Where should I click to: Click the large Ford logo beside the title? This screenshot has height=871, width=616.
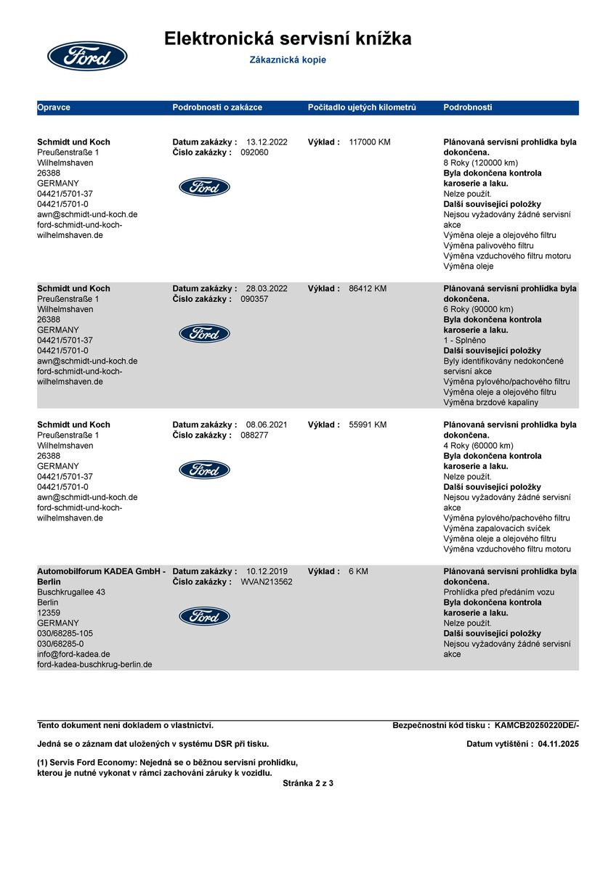[87, 56]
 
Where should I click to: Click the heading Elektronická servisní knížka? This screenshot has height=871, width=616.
[288, 38]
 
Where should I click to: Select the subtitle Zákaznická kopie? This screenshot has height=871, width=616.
[288, 60]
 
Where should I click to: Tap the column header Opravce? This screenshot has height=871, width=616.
[54, 107]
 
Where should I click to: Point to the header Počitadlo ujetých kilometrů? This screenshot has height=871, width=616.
[362, 107]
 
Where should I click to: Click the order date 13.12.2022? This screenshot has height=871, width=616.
[267, 142]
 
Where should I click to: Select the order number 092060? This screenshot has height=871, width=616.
[254, 152]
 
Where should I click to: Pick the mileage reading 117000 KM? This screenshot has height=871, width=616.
[370, 142]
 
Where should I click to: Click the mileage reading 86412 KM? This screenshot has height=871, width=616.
[368, 289]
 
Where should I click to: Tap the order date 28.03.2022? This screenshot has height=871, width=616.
[267, 289]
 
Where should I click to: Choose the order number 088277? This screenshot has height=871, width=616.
[254, 435]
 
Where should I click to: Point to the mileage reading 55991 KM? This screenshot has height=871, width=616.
[368, 425]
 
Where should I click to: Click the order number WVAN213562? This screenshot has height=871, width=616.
[267, 582]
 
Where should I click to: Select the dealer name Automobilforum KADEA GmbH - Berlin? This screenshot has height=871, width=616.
[101, 576]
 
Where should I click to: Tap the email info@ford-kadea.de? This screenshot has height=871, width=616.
[73, 654]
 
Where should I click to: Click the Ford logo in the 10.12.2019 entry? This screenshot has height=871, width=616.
[204, 616]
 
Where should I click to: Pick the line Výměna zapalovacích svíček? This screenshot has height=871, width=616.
[496, 528]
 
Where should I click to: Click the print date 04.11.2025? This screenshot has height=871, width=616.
[559, 744]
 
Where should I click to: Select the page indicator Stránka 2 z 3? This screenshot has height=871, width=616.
[308, 783]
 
